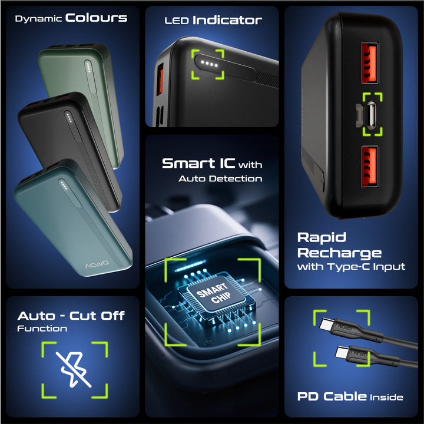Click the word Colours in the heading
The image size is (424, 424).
tap(96, 18)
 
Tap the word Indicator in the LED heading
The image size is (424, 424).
tap(227, 20)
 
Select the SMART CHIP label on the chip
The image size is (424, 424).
tap(214, 293)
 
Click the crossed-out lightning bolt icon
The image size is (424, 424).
tap(73, 369)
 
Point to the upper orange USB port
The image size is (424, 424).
tap(369, 63)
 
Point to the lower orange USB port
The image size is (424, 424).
tap(369, 166)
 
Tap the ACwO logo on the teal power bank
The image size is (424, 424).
tap(97, 264)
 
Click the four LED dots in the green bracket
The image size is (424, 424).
tap(208, 64)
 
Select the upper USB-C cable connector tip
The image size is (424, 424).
tap(326, 324)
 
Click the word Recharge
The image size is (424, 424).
tap(339, 254)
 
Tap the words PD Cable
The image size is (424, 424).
tap(332, 396)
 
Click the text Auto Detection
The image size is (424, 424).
tap(220, 179)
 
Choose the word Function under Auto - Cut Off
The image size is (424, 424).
tap(42, 329)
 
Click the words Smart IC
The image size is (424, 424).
tap(198, 163)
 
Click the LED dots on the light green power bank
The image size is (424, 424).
tap(88, 67)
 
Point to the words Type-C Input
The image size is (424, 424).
tap(367, 267)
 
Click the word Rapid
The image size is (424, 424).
tap(322, 238)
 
